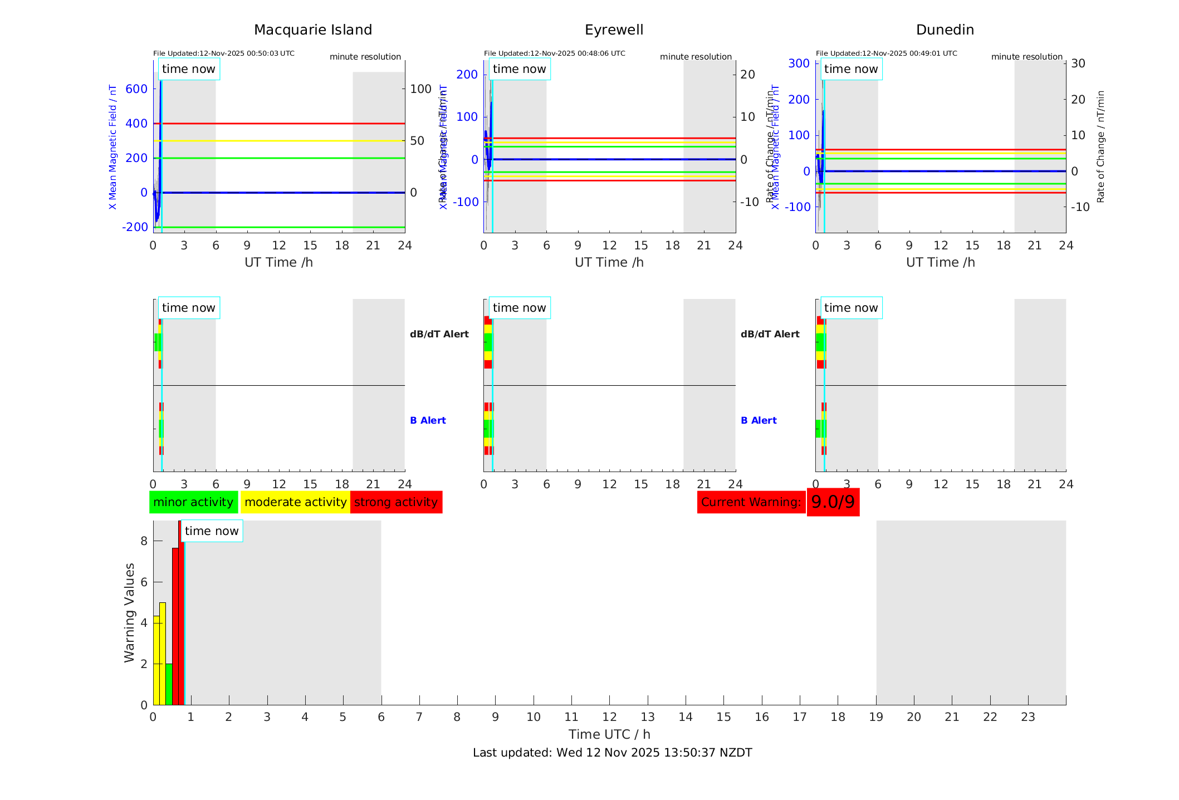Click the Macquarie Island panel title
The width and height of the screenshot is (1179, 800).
coord(312,30)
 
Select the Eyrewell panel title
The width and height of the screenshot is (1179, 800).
coord(614,30)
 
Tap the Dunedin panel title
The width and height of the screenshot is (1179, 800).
coord(945,30)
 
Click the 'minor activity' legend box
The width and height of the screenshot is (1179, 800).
coord(193,502)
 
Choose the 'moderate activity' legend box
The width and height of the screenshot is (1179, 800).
coord(295,502)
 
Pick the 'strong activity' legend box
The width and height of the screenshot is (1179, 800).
coord(396,502)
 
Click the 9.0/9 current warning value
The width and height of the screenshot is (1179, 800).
coord(833,502)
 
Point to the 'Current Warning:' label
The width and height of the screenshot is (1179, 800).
coord(751,502)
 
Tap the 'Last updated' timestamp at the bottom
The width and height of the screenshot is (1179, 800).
coord(612,753)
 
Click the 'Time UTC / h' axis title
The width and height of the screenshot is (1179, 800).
coord(609,734)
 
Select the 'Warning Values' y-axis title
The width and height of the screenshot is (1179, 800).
coord(130,612)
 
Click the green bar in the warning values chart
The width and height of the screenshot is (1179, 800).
coord(169,684)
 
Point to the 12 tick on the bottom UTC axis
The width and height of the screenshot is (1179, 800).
coord(609,717)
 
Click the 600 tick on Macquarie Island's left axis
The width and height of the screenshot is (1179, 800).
coord(136,89)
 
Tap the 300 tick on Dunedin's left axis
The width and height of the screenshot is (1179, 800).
coord(799,63)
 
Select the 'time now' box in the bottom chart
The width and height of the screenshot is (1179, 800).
coord(212,531)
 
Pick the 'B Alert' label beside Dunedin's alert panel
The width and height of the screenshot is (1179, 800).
coord(759,420)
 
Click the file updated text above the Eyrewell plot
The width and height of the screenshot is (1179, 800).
coord(554,53)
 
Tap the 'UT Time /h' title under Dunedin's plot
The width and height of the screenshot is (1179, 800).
coord(940,262)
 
